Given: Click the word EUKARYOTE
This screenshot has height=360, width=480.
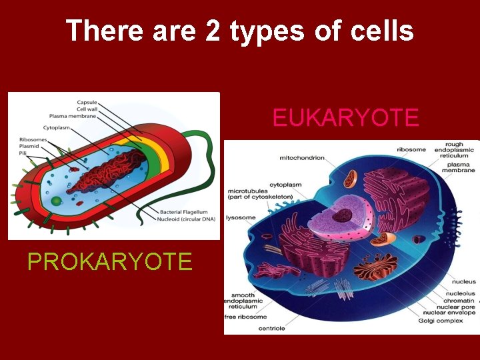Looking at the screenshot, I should (x=346, y=118).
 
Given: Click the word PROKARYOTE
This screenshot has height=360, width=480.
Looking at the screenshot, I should (x=110, y=261).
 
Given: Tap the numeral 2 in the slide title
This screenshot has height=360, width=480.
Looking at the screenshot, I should (x=213, y=31).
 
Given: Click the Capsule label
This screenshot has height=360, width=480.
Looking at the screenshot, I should (x=87, y=102).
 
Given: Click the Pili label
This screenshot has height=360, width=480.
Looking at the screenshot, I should (x=24, y=153).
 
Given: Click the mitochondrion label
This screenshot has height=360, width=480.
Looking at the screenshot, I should (x=302, y=158).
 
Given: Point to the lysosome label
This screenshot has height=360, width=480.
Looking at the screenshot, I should (x=241, y=217).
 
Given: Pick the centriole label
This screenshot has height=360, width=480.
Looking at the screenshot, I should (x=271, y=328).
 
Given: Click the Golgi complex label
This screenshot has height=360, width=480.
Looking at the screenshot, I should (x=442, y=321).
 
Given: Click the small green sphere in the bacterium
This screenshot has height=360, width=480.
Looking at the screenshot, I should (x=57, y=201).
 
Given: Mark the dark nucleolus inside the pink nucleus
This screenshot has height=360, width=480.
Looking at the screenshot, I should (x=343, y=215).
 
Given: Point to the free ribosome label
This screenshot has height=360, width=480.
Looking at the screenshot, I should (x=246, y=317).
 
